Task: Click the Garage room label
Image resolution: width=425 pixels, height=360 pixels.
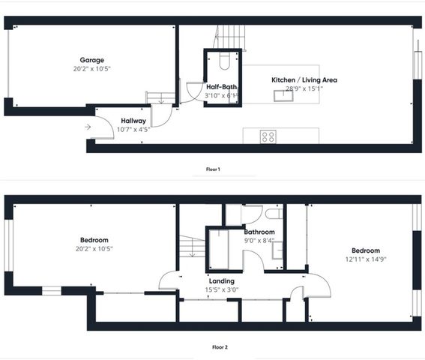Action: [x=92, y=60]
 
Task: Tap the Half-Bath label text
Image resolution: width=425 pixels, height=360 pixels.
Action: [x=222, y=86]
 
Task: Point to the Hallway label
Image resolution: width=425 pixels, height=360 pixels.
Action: [x=134, y=120]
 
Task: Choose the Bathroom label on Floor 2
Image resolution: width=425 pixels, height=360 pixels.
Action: [x=259, y=232]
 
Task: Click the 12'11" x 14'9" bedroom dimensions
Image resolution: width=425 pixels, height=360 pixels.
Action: [x=362, y=259]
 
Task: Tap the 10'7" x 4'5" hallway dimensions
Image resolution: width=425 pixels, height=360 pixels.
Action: [x=134, y=129]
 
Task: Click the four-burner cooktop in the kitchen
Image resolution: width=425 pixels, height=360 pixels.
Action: [x=268, y=136]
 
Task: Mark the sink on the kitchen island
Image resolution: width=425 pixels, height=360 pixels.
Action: [x=285, y=94]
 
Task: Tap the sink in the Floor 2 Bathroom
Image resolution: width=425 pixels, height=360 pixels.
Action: [x=277, y=250]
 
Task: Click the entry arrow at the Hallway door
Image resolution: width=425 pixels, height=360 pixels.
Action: [x=88, y=127]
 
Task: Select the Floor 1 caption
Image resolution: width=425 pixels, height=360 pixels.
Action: [x=213, y=169]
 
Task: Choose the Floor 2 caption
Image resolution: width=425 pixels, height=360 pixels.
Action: [x=213, y=348]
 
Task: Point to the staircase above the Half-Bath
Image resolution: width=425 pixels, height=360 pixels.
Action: [x=231, y=34]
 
